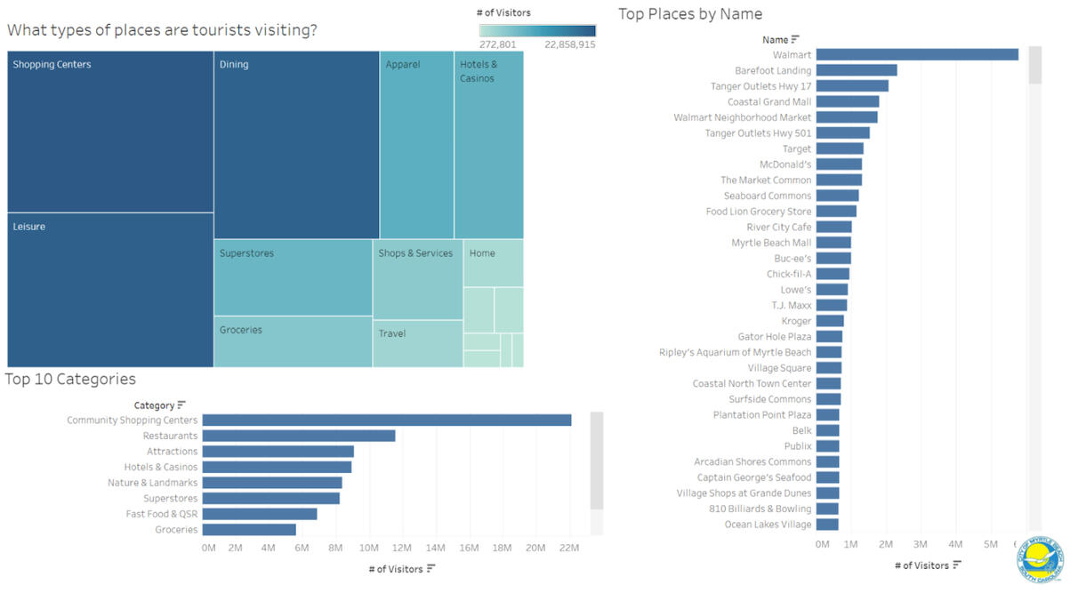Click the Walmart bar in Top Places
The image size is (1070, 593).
(916, 55)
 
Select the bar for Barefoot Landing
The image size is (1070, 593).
(856, 70)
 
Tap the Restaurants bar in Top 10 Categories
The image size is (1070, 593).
(298, 436)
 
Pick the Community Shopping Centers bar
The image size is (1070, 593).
(386, 420)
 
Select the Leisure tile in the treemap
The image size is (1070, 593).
(110, 289)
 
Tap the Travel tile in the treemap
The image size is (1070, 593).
(417, 343)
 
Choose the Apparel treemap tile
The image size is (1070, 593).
(416, 142)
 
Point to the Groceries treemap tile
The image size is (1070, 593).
(293, 341)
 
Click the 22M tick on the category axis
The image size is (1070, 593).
(568, 548)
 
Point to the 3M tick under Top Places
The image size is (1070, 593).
(920, 543)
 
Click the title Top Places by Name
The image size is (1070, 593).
(689, 14)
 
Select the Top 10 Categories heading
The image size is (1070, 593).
(70, 380)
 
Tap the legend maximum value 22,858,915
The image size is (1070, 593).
(570, 44)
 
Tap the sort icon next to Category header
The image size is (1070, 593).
(181, 405)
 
